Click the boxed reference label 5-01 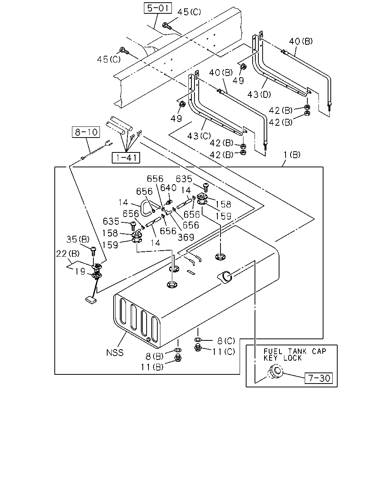tap(158, 8)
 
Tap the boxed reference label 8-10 tap(86, 132)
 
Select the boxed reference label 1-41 tap(126, 158)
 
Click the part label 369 tap(186, 238)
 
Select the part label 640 tap(168, 188)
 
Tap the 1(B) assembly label tap(292, 155)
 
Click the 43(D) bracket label tap(259, 94)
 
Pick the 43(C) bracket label tap(199, 136)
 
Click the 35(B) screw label tap(78, 239)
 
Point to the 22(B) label tap(68, 253)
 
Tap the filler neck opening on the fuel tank tap(225, 277)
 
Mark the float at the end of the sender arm tap(91, 300)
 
